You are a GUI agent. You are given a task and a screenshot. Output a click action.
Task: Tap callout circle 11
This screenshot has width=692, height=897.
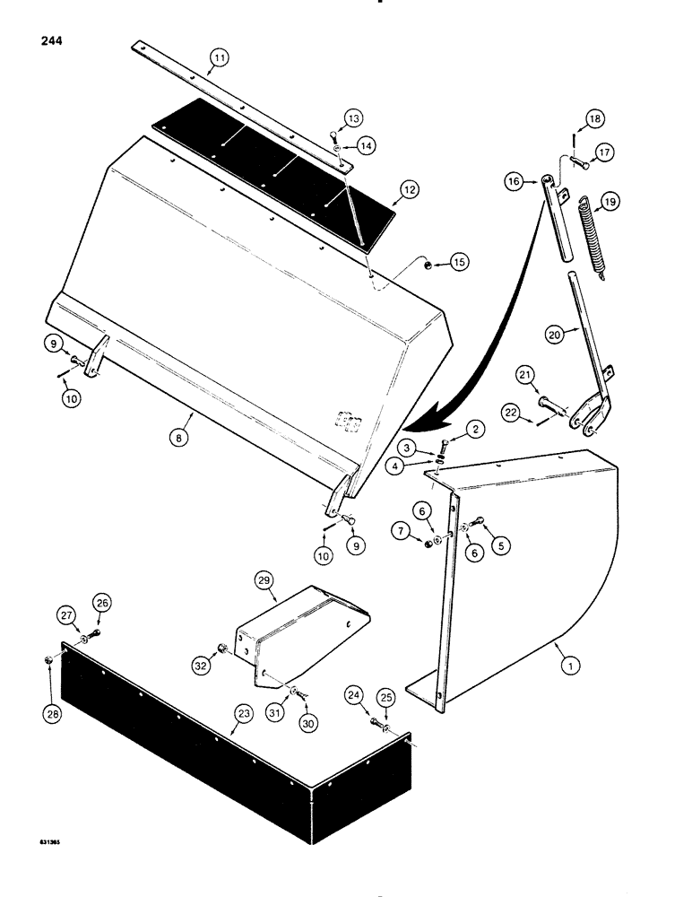coord(219,60)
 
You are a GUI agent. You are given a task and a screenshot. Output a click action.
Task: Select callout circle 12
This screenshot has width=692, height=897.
coord(409,189)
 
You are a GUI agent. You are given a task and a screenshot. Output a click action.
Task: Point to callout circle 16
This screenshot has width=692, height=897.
coord(515,181)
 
